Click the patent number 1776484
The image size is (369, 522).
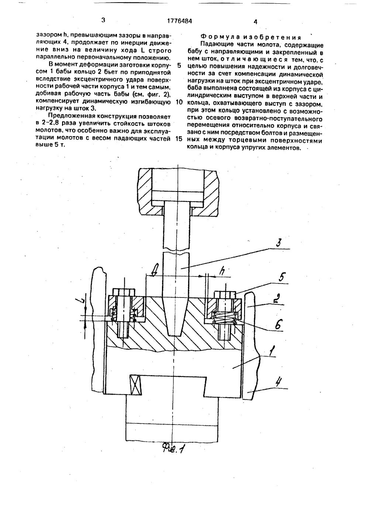(x=177, y=21)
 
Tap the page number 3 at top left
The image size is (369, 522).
(x=103, y=20)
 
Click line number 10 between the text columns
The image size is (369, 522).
(x=179, y=103)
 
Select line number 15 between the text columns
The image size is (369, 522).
(x=179, y=140)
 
